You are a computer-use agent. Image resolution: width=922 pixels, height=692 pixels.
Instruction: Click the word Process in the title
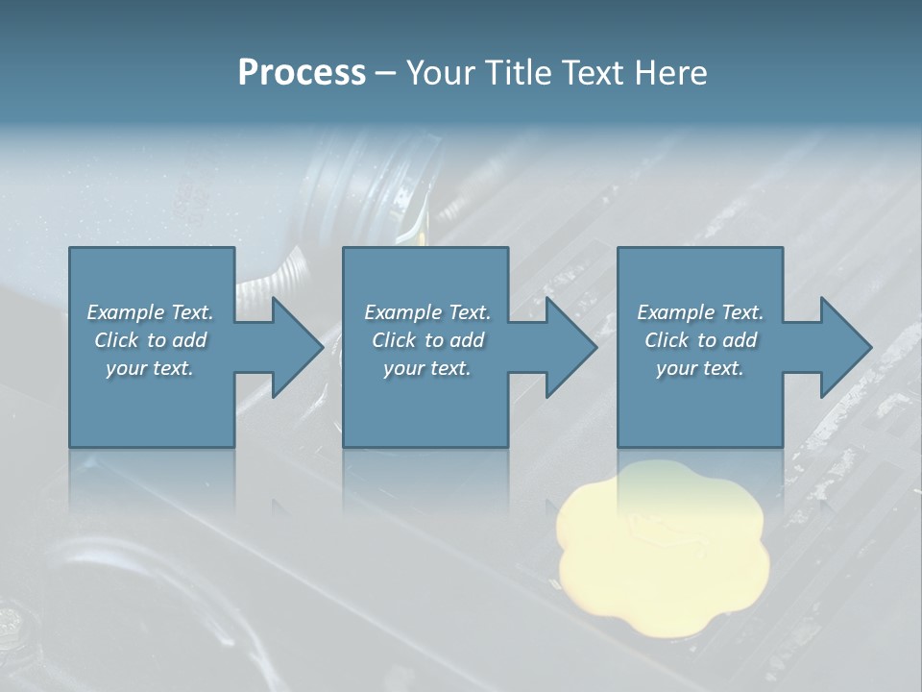click(302, 73)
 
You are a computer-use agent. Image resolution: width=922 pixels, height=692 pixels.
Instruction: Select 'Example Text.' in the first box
click(150, 312)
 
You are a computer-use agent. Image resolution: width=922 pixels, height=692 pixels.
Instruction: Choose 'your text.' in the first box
click(150, 368)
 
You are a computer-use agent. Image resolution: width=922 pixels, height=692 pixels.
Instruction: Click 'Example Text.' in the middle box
click(427, 312)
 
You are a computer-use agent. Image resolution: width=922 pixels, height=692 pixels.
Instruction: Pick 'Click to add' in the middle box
click(427, 340)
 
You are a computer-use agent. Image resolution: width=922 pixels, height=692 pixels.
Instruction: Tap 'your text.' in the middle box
click(427, 368)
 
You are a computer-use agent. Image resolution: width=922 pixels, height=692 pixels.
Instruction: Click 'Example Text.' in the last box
click(700, 312)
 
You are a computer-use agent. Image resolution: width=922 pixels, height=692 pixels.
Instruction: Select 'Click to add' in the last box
click(700, 340)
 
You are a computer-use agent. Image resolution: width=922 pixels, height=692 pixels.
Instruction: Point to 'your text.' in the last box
click(700, 368)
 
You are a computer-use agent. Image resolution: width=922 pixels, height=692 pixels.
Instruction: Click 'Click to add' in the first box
click(150, 340)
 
